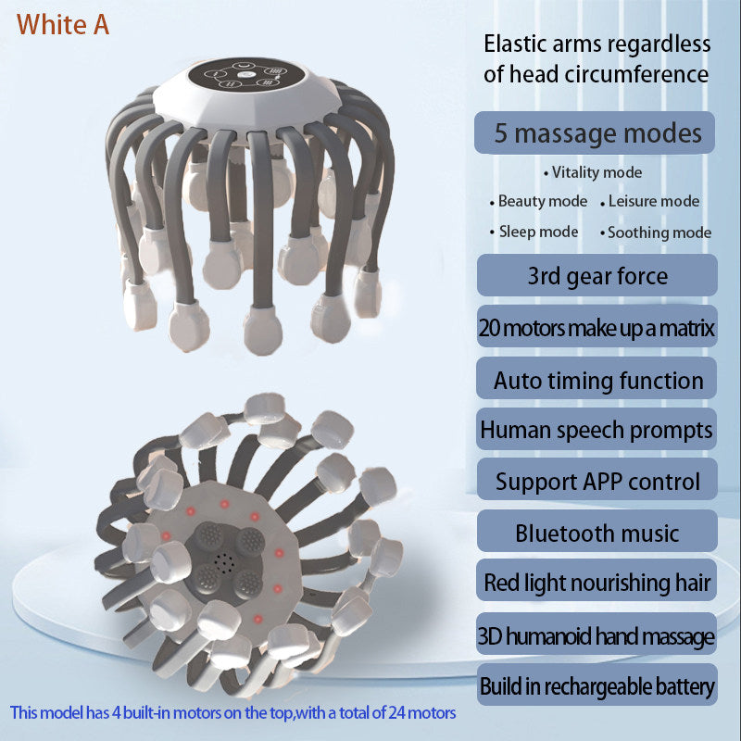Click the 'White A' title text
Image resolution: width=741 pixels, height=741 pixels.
[x=63, y=25]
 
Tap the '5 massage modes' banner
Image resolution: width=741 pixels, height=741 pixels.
[x=597, y=132]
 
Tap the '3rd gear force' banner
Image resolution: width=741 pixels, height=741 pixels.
[x=597, y=275]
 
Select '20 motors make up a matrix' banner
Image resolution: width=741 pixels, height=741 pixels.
[x=597, y=327]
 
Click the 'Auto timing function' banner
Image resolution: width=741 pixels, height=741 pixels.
[x=597, y=380]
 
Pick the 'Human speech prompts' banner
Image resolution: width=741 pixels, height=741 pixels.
[x=597, y=430]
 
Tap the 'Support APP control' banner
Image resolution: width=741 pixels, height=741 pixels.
[x=597, y=481]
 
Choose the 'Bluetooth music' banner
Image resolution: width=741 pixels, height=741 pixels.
[x=597, y=533]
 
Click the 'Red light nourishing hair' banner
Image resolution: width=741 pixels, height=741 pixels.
[x=597, y=583]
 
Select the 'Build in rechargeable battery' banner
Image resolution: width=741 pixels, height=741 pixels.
[x=597, y=686]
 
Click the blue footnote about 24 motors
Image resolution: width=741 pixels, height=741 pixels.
[x=233, y=713]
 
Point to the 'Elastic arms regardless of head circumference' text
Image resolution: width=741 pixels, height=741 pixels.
[x=597, y=58]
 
